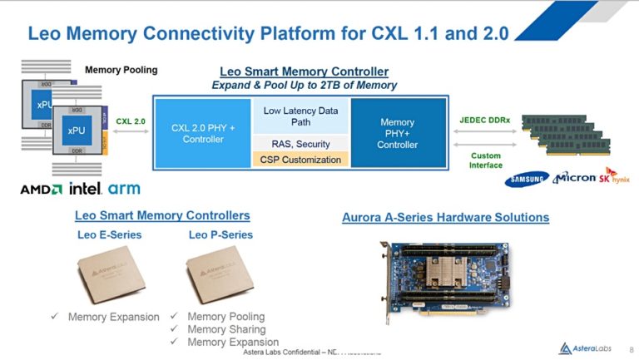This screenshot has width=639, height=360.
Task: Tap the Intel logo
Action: (x=86, y=189)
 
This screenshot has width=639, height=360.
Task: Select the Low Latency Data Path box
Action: (x=300, y=116)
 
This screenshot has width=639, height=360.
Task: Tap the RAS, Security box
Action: (x=301, y=144)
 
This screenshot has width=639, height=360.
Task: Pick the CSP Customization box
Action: (x=301, y=160)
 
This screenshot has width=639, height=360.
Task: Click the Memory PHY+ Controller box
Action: (x=397, y=133)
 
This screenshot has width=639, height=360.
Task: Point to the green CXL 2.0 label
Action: (x=130, y=121)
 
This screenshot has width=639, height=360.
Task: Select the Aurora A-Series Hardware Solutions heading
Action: (x=445, y=218)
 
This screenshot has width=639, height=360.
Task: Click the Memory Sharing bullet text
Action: (x=226, y=329)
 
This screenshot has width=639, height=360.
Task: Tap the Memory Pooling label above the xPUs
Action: (x=121, y=70)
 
